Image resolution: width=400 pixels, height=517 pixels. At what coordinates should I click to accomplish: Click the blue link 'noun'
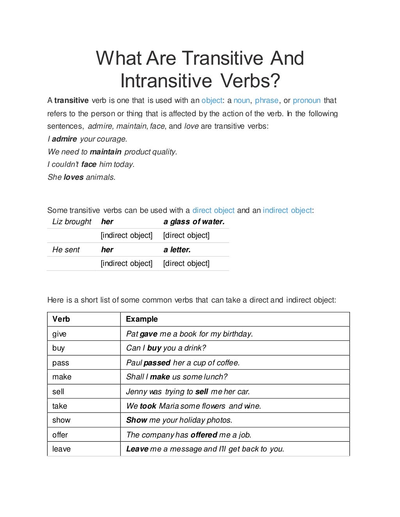[241, 101]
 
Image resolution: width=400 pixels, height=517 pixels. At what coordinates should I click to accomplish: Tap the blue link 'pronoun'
[307, 101]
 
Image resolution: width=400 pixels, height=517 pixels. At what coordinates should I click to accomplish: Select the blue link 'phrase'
[266, 101]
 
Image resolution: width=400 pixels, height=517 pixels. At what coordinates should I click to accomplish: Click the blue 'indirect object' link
[287, 211]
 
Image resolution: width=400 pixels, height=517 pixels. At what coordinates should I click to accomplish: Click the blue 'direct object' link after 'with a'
[213, 211]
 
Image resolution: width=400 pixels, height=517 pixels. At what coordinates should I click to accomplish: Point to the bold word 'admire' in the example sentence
[64, 139]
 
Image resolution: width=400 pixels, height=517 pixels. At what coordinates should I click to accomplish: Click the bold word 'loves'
[73, 177]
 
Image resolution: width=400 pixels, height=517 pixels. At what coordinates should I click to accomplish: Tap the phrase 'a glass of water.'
[194, 222]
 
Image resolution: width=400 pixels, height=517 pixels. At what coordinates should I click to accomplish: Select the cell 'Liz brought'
[72, 222]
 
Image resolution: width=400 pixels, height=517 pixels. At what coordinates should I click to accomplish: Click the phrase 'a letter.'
[177, 250]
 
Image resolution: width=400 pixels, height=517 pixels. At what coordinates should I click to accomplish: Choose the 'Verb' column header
[61, 319]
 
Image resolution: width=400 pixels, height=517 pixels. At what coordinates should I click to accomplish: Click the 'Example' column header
[142, 319]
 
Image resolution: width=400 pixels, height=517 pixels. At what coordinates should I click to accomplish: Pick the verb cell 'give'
[59, 334]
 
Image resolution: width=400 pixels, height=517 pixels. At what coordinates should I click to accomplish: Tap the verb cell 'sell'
[58, 392]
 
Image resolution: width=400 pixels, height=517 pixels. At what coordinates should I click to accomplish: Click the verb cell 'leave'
[61, 449]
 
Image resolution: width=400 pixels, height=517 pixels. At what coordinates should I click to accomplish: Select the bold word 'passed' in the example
[157, 363]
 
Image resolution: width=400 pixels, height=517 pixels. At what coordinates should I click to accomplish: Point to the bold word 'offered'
[204, 435]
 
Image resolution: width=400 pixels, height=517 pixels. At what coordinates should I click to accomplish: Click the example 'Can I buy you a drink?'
[166, 348]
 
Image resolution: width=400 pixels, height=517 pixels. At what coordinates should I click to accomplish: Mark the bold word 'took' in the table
[148, 406]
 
